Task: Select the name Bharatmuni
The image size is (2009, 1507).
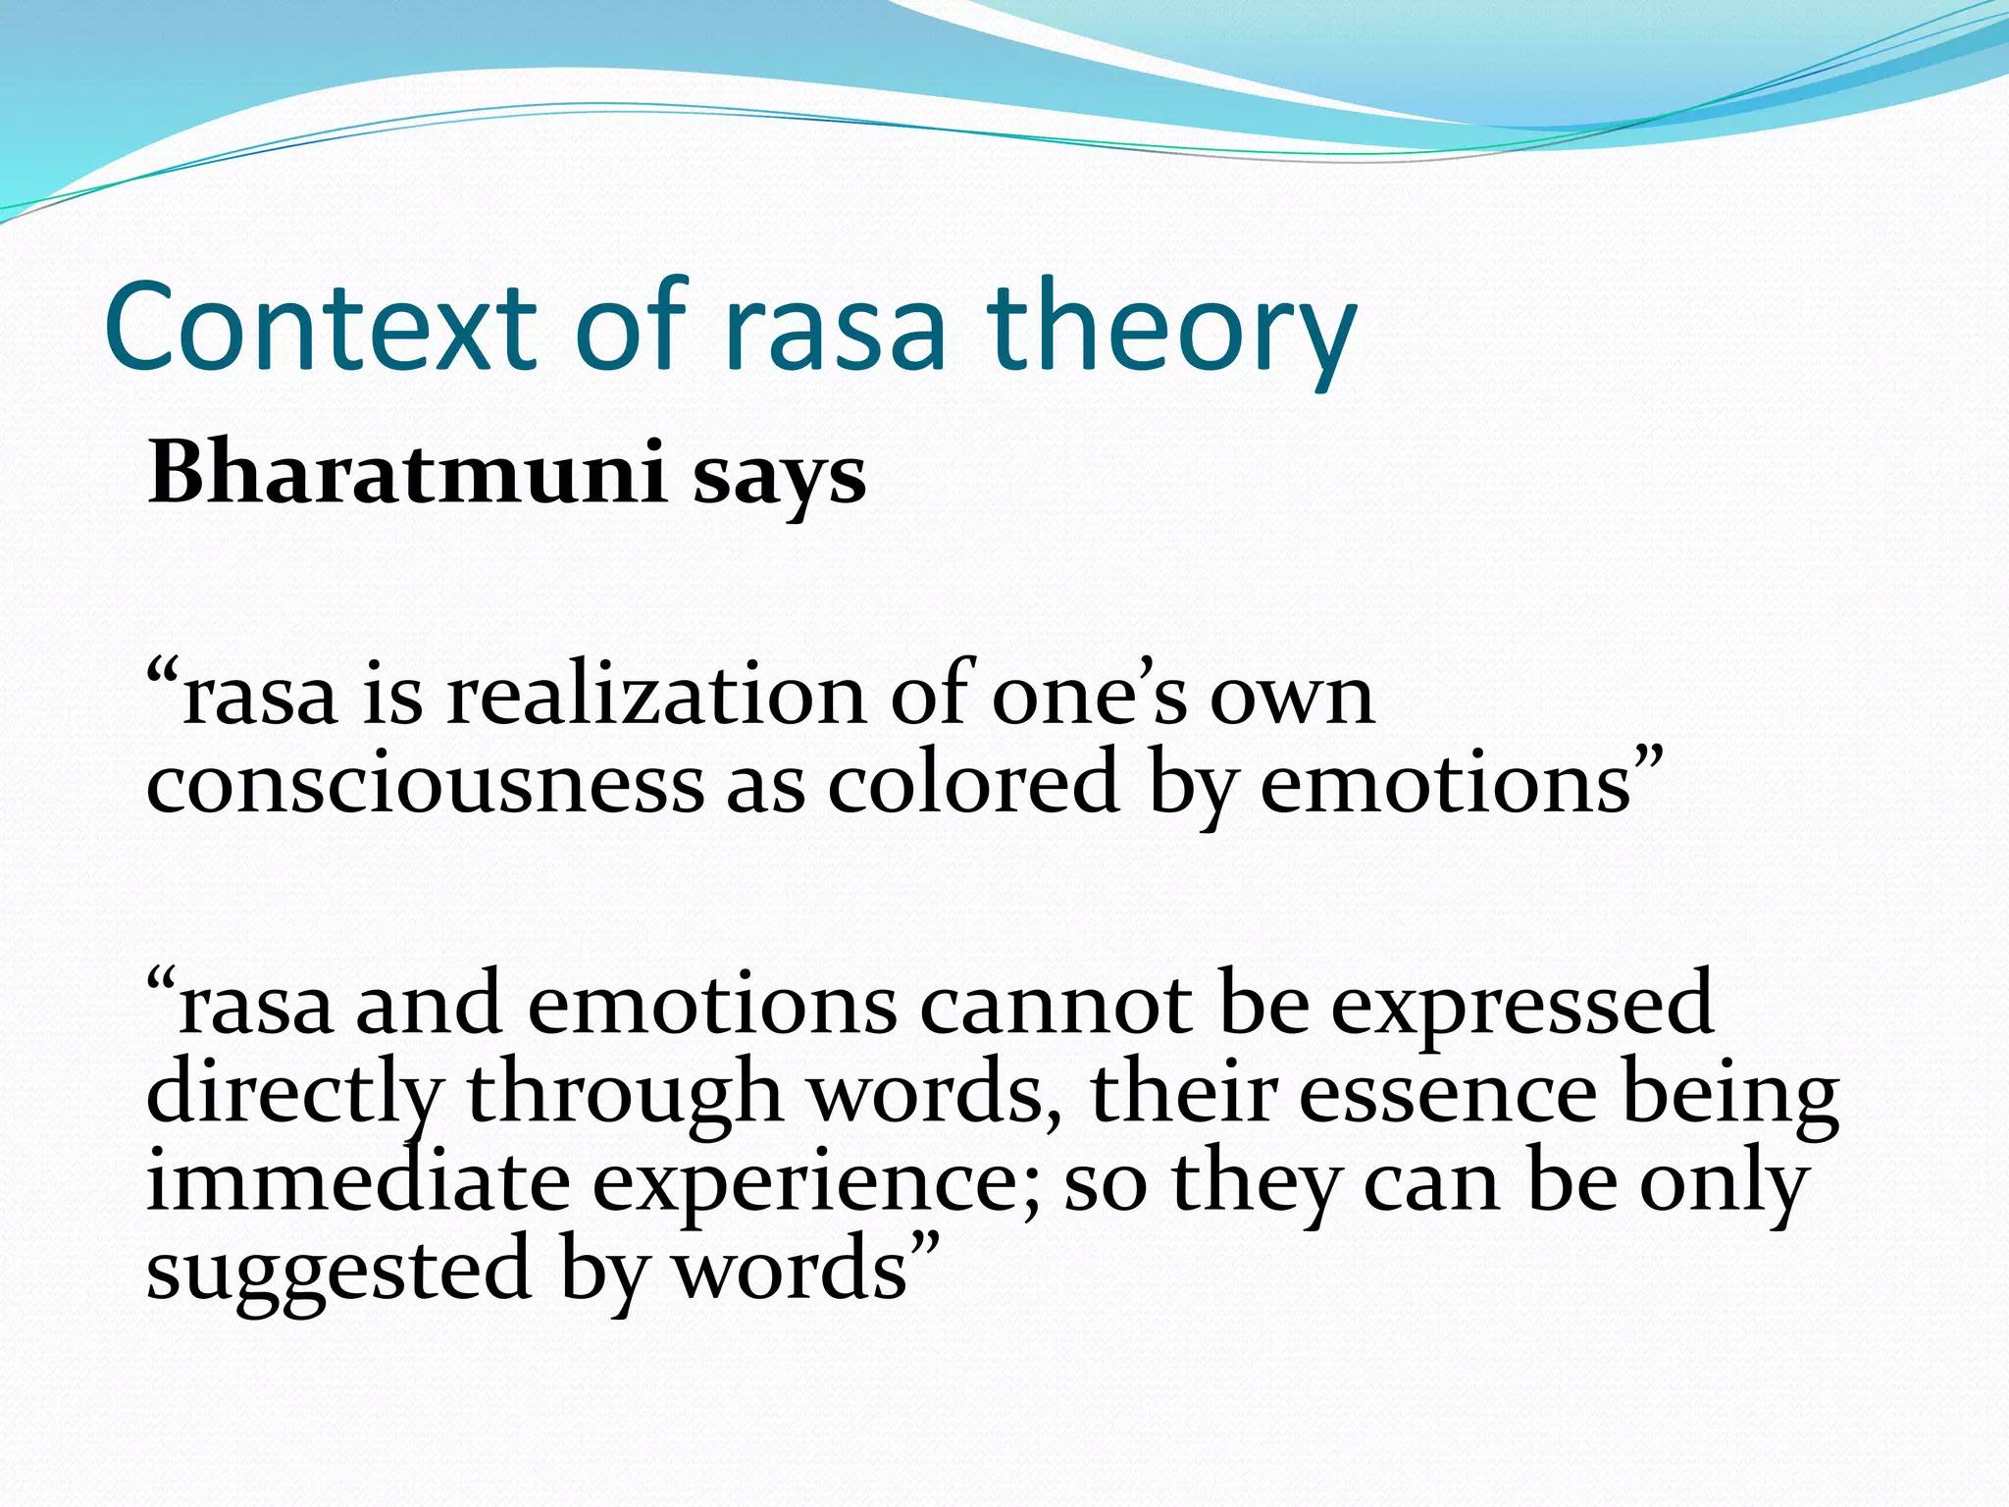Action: [x=407, y=473]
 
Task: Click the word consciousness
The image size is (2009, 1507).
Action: [x=425, y=786]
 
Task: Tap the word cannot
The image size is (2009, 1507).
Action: [x=1056, y=1005]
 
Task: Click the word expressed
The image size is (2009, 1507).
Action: [x=1521, y=1007]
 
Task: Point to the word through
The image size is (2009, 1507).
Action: [x=624, y=1094]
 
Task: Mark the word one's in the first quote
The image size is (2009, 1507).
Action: [x=1089, y=698]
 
